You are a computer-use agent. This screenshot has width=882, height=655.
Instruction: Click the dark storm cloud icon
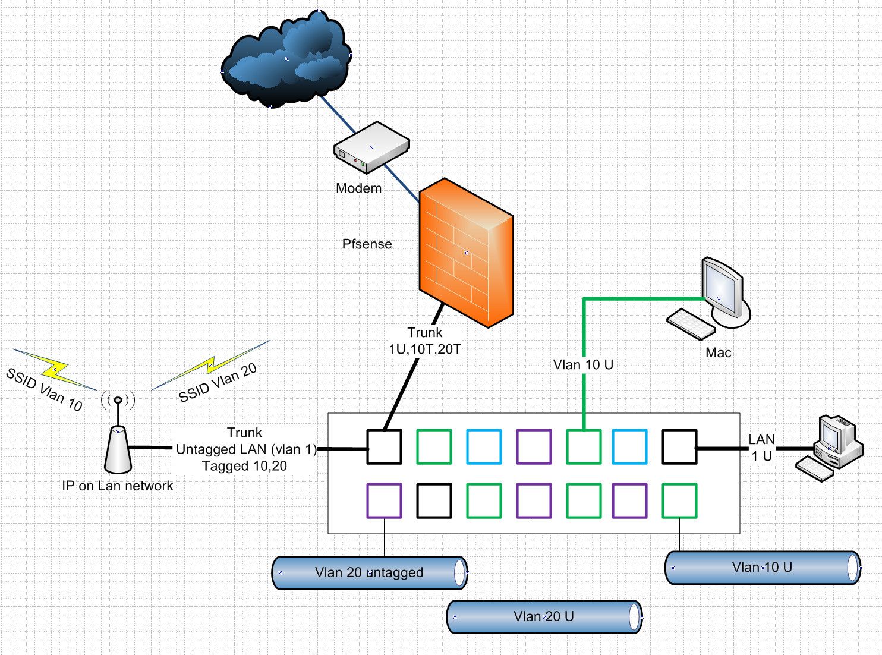pyautogui.click(x=285, y=59)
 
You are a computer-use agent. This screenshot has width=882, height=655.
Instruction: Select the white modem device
pyautogui.click(x=371, y=147)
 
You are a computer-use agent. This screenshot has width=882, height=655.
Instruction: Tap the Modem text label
pyautogui.click(x=358, y=188)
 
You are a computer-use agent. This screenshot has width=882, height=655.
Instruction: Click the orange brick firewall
pyautogui.click(x=466, y=253)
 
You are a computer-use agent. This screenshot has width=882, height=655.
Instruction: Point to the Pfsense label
pyautogui.click(x=367, y=244)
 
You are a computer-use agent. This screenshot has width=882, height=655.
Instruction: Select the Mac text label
pyautogui.click(x=718, y=352)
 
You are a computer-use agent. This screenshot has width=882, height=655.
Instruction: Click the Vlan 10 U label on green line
pyautogui.click(x=583, y=365)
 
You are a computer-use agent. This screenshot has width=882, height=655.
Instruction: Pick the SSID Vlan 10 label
pyautogui.click(x=44, y=390)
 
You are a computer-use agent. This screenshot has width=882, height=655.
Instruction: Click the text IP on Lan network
pyautogui.click(x=118, y=486)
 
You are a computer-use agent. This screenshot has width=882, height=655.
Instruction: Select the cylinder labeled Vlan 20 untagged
pyautogui.click(x=369, y=572)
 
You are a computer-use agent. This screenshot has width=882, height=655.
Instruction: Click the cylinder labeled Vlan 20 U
pyautogui.click(x=544, y=616)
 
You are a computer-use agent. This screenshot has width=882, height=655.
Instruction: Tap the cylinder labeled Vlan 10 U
pyautogui.click(x=762, y=567)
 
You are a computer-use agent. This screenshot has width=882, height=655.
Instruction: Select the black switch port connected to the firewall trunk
pyautogui.click(x=384, y=446)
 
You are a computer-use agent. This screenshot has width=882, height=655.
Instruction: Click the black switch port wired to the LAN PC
pyautogui.click(x=679, y=446)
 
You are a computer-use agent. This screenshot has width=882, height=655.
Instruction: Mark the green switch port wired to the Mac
pyautogui.click(x=583, y=446)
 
